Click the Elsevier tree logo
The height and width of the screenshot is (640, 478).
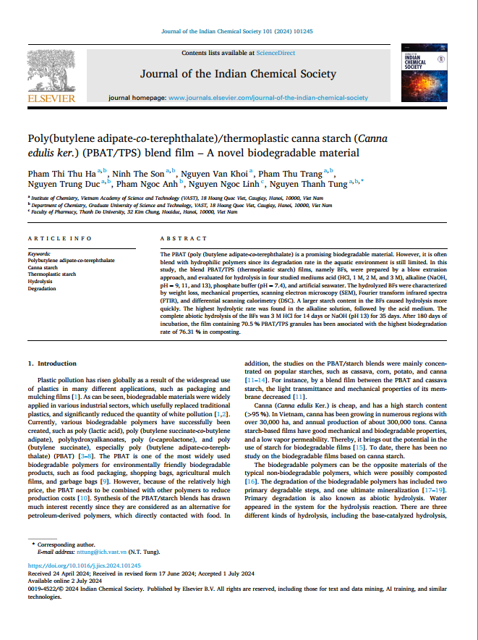click(51, 72)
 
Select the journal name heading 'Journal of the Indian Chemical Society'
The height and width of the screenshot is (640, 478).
click(238, 74)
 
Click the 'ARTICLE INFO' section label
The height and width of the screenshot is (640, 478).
click(60, 238)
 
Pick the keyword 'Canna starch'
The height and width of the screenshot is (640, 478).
click(43, 267)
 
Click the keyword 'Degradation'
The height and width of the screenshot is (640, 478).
click(41, 288)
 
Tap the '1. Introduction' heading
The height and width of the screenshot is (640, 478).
click(51, 363)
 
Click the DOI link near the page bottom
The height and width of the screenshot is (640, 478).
click(84, 565)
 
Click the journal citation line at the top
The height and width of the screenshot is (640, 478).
click(238, 31)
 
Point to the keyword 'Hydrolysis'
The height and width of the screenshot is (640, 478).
click(40, 281)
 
